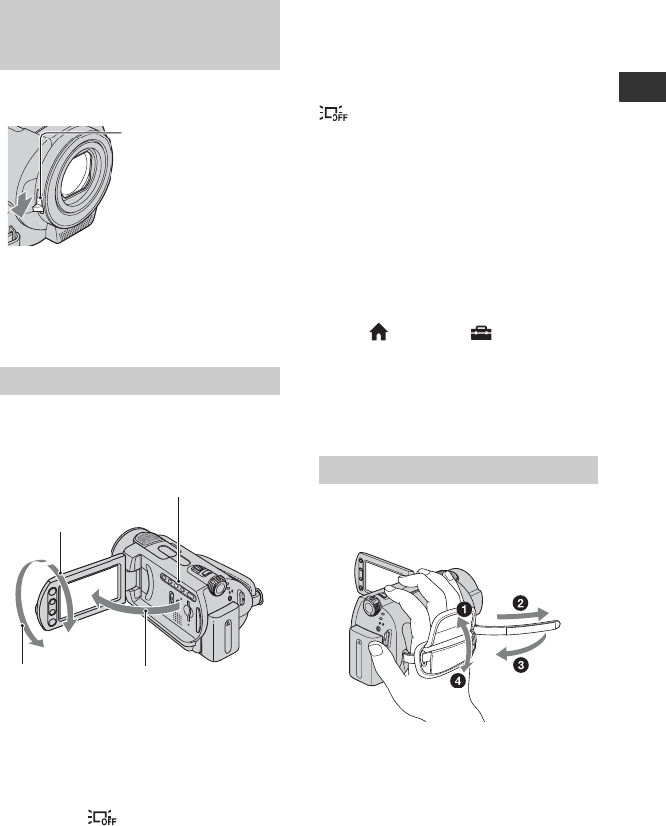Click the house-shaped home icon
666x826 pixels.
(x=379, y=333)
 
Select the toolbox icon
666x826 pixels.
(x=481, y=333)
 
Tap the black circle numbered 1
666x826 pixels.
(x=463, y=610)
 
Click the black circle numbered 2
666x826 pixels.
(x=521, y=603)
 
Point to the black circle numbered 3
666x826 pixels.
(x=521, y=665)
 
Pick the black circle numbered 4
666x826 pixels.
(x=458, y=681)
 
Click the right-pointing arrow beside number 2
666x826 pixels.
(x=524, y=614)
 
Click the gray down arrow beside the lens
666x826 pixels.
(x=21, y=207)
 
